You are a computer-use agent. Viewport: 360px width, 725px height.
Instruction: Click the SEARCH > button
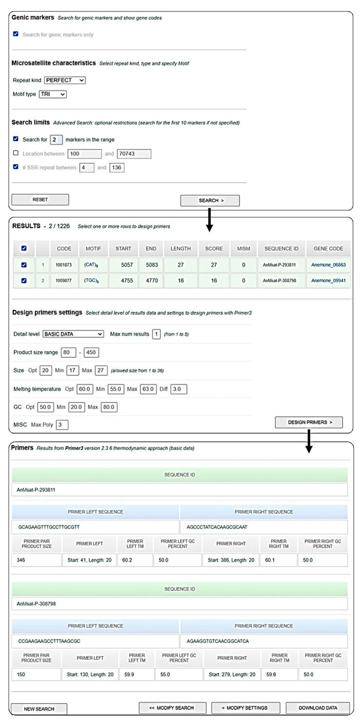(x=209, y=200)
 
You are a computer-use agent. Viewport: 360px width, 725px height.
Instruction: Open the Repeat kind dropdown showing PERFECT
(x=65, y=80)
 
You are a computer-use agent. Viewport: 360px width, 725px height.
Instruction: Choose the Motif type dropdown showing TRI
(x=53, y=94)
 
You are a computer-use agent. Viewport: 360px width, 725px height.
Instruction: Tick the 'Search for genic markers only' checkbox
(x=16, y=34)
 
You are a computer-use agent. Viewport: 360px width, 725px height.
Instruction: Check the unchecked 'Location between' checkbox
(x=16, y=153)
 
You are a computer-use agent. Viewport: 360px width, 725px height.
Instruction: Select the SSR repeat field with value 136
(x=117, y=168)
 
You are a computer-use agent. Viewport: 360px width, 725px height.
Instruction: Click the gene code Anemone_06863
(x=328, y=265)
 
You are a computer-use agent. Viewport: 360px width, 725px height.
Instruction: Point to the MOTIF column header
(x=93, y=248)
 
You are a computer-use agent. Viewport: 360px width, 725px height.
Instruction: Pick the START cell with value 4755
(x=123, y=281)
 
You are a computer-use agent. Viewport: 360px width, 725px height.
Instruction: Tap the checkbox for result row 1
(x=23, y=265)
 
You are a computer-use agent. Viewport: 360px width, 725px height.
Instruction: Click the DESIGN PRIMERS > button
(x=308, y=422)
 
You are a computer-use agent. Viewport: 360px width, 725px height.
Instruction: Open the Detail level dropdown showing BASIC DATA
(x=73, y=334)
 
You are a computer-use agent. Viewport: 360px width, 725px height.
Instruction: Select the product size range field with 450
(x=92, y=352)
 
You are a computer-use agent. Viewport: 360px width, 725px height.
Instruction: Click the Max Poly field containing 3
(x=62, y=424)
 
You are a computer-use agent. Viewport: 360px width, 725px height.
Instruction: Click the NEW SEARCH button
(x=39, y=708)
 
